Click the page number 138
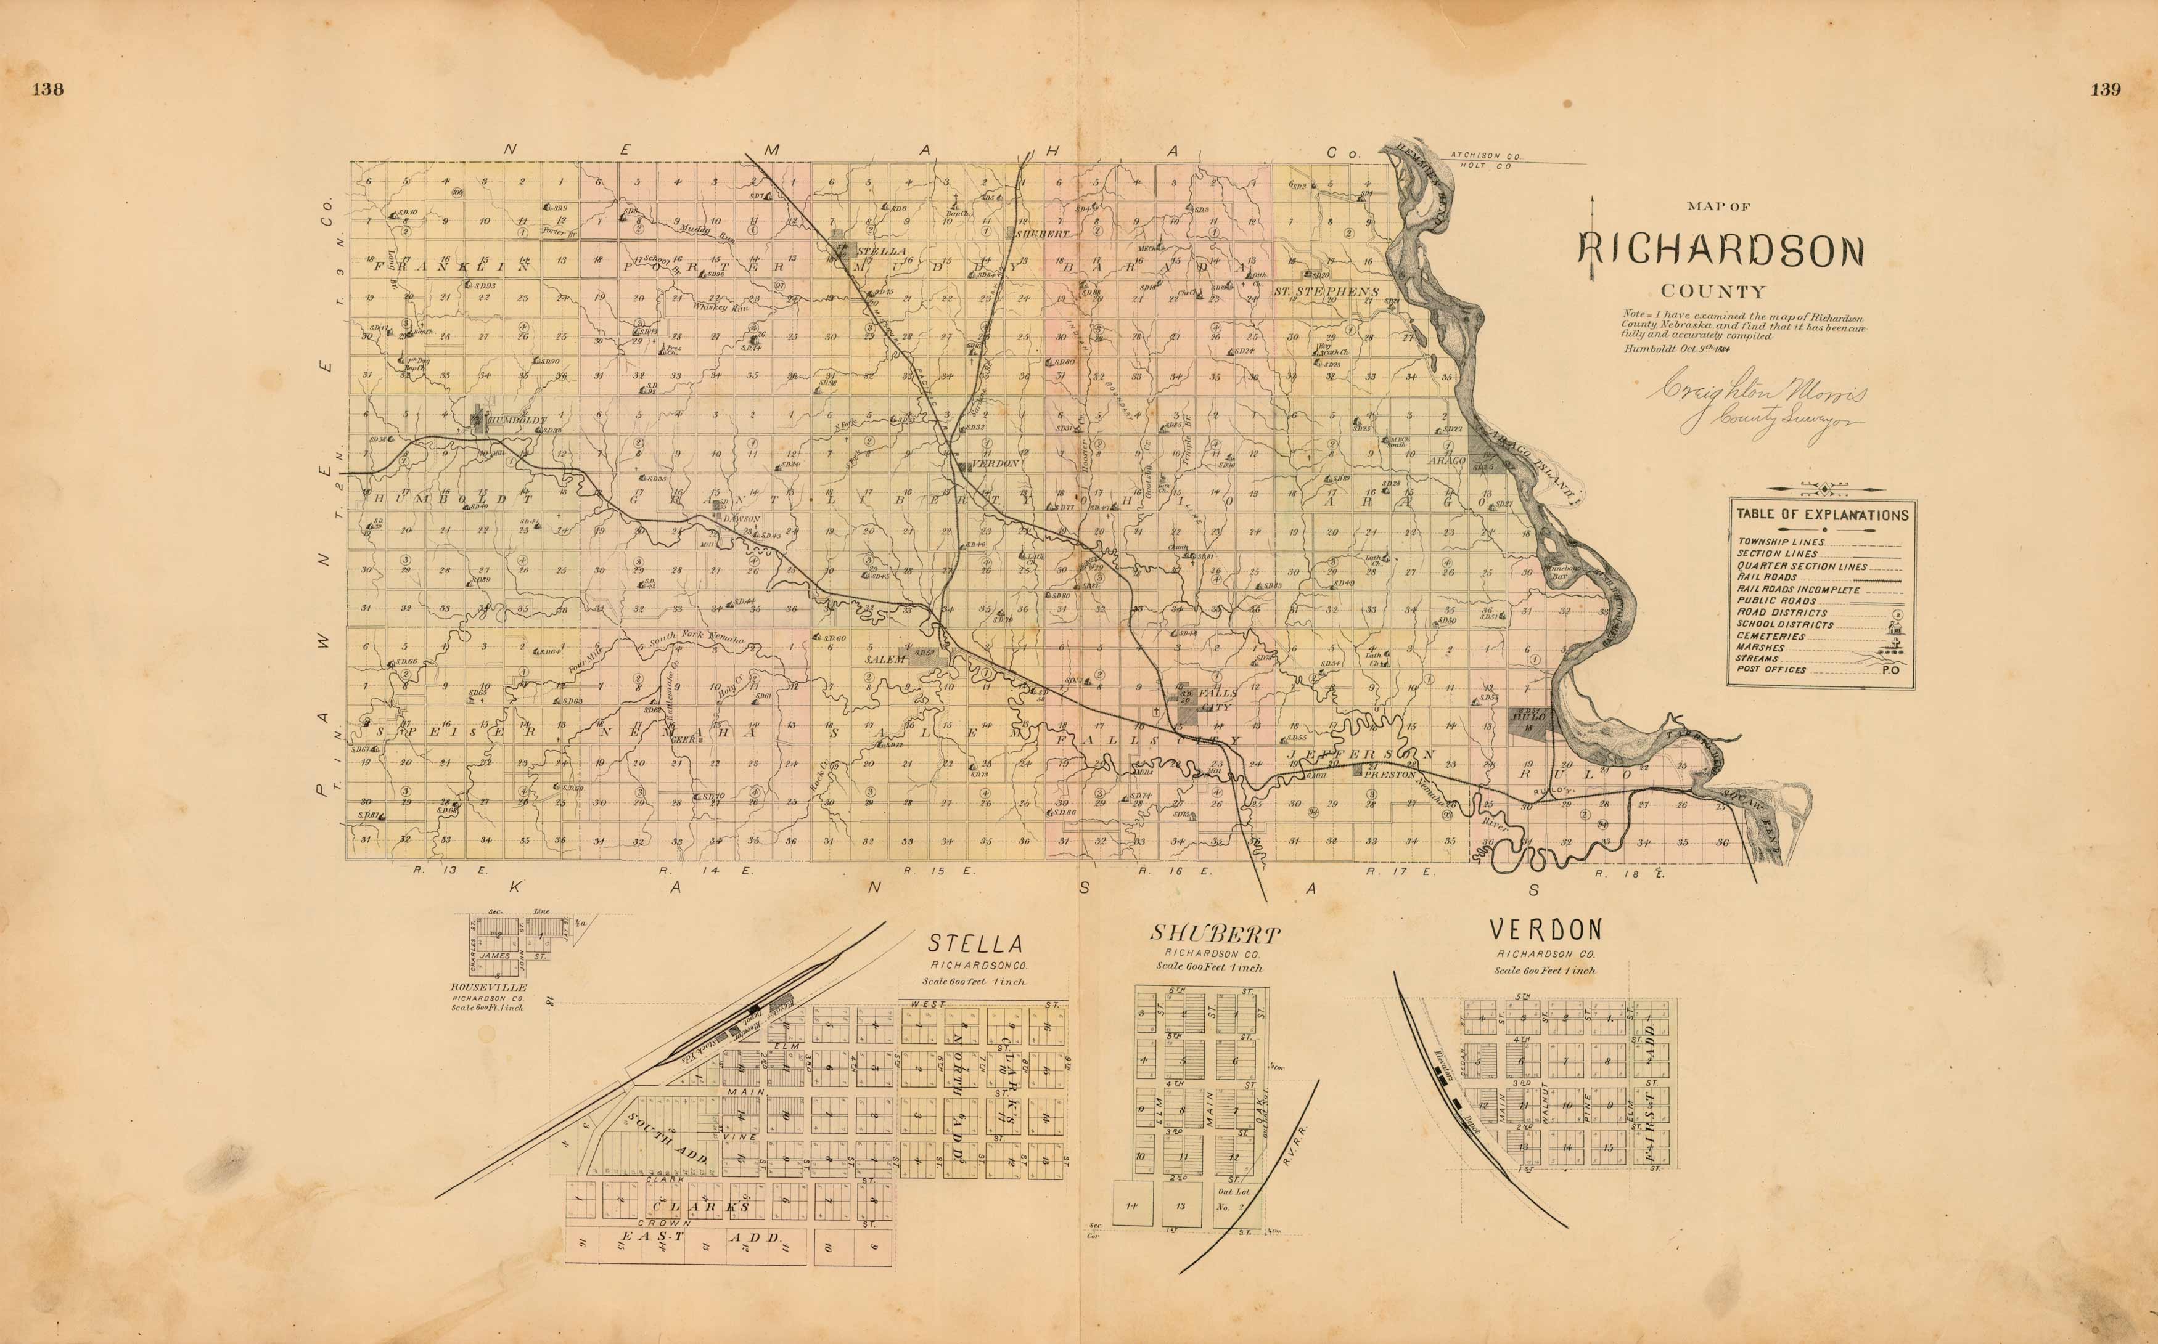pyautogui.click(x=47, y=89)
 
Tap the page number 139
pyautogui.click(x=2106, y=89)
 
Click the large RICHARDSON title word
pyautogui.click(x=1720, y=253)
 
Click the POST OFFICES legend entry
pyautogui.click(x=1771, y=669)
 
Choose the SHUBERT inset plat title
pyautogui.click(x=1215, y=934)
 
